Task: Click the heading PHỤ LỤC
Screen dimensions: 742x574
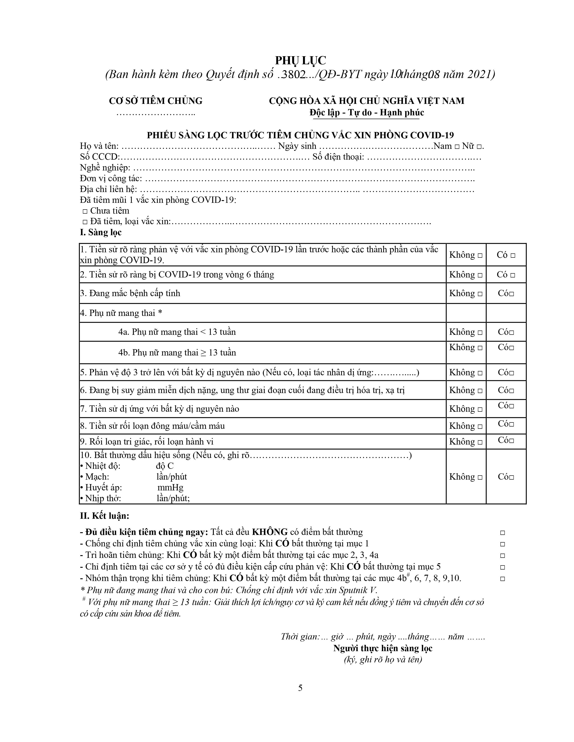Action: [x=300, y=60]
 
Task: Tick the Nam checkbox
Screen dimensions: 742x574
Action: [x=457, y=147]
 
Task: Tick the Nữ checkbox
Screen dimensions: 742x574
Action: [x=479, y=147]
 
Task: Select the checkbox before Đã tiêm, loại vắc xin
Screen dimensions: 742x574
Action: [x=85, y=222]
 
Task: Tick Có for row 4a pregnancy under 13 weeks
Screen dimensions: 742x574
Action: [x=511, y=333]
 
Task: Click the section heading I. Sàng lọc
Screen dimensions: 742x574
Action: [x=101, y=232]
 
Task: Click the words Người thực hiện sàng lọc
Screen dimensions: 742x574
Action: [x=382, y=648]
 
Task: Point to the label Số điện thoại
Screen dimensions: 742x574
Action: [x=338, y=157]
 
